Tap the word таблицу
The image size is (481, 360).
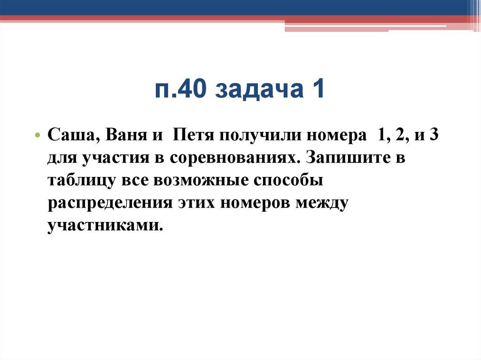tap(79, 181)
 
